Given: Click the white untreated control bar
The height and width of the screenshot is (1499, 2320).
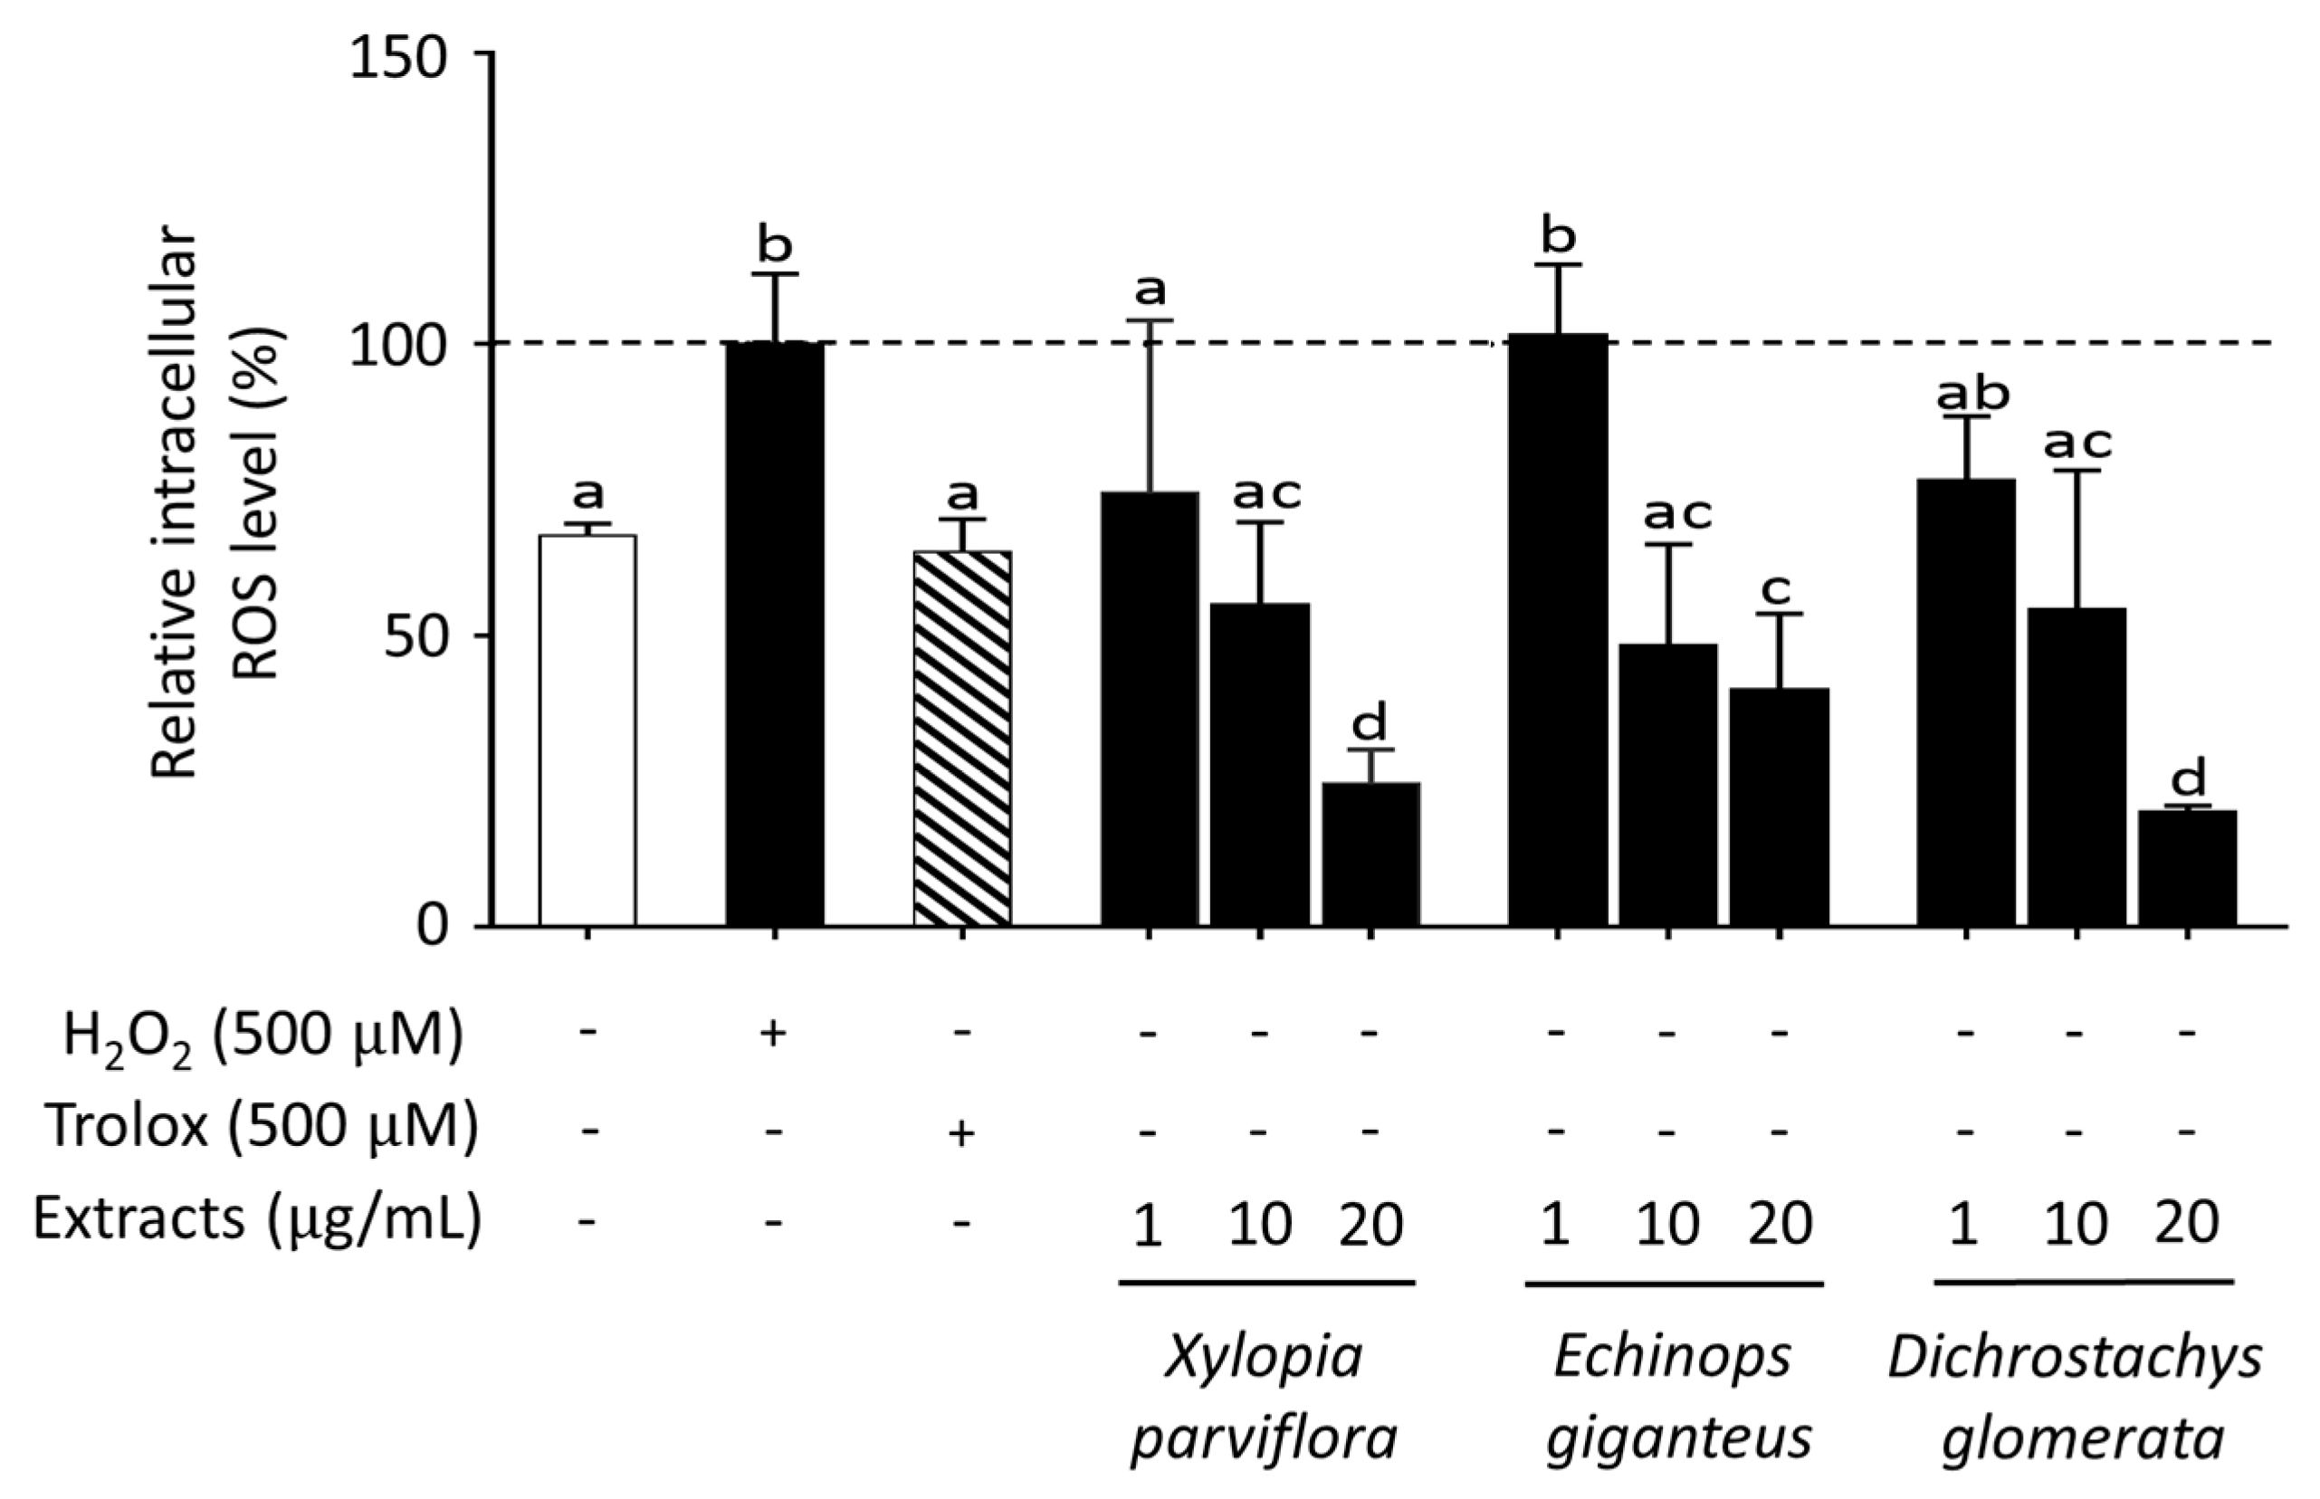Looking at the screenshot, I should coord(587,730).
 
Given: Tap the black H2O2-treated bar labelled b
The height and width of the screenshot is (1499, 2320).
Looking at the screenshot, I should coord(775,633).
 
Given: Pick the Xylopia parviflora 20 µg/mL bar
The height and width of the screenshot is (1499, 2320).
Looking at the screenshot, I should coord(1370,853).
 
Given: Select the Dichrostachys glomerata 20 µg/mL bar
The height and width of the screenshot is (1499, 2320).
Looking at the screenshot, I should coord(2187,866).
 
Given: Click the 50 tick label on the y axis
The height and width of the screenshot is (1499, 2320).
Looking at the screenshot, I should coord(419,637).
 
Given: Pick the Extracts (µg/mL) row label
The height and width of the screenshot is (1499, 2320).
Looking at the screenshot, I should coord(257,1218).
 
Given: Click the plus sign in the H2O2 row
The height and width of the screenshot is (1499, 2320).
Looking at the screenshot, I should coord(773,1034).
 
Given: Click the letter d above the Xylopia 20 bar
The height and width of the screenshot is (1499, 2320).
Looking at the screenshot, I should coord(1370,723).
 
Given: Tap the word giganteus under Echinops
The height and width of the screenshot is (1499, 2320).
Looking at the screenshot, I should coord(1679,1438).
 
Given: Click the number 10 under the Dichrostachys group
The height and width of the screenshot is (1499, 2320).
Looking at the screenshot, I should coord(2075,1224).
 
